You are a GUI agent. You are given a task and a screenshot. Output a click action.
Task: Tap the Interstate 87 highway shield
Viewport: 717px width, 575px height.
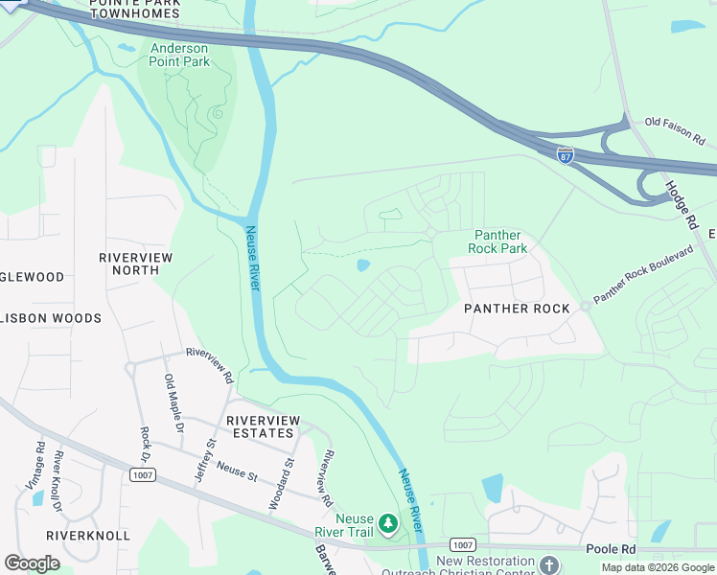(566, 153)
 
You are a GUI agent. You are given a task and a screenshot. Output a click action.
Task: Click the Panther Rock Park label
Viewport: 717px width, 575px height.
(497, 241)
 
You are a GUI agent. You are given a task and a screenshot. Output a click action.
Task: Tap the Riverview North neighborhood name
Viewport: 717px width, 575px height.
(136, 264)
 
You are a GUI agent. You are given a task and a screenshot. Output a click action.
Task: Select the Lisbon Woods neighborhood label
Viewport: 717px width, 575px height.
(51, 318)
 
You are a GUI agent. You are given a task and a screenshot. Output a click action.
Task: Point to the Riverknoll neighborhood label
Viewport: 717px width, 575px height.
(88, 535)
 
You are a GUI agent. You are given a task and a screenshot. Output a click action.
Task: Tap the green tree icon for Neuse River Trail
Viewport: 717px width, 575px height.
(388, 523)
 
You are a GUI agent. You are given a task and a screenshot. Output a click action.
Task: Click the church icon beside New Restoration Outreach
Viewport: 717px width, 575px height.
(549, 564)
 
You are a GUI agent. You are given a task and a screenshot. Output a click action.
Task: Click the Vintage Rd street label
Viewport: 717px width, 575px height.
(38, 464)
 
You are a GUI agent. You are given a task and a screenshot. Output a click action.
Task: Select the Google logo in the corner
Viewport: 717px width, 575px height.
(32, 563)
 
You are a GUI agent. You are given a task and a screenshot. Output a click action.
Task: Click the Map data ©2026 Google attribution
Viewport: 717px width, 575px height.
(657, 567)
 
